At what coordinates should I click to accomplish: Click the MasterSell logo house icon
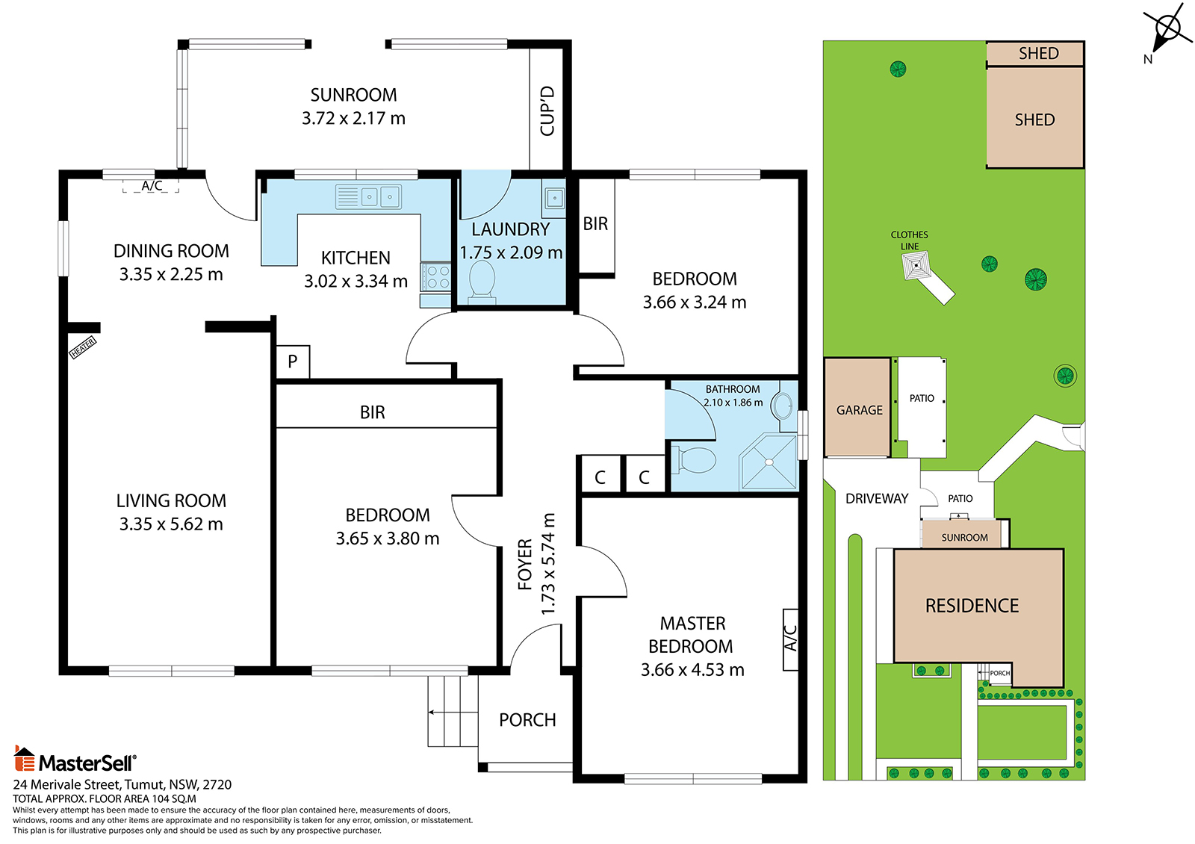pyautogui.click(x=25, y=758)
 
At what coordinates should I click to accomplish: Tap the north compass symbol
pyautogui.click(x=1167, y=30)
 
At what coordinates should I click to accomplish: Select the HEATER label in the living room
pyautogui.click(x=83, y=347)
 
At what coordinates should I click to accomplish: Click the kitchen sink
pyautogui.click(x=368, y=196)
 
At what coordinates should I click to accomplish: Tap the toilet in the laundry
pyautogui.click(x=481, y=280)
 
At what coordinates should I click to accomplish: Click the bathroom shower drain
pyautogui.click(x=769, y=462)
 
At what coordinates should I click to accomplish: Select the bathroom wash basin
pyautogui.click(x=783, y=406)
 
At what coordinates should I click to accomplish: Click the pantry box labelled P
pyautogui.click(x=292, y=362)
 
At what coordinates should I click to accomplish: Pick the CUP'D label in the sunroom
pyautogui.click(x=547, y=111)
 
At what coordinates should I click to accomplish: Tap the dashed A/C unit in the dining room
pyautogui.click(x=151, y=186)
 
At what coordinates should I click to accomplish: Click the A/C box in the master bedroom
pyautogui.click(x=791, y=639)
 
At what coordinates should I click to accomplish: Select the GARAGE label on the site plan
pyautogui.click(x=860, y=410)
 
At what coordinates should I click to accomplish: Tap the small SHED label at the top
pyautogui.click(x=1039, y=53)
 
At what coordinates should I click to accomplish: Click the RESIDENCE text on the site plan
pyautogui.click(x=972, y=606)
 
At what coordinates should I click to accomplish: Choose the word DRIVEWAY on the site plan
pyautogui.click(x=877, y=498)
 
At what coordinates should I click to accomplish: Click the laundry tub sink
pyautogui.click(x=554, y=199)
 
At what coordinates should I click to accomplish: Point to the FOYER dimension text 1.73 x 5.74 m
pyautogui.click(x=548, y=563)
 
